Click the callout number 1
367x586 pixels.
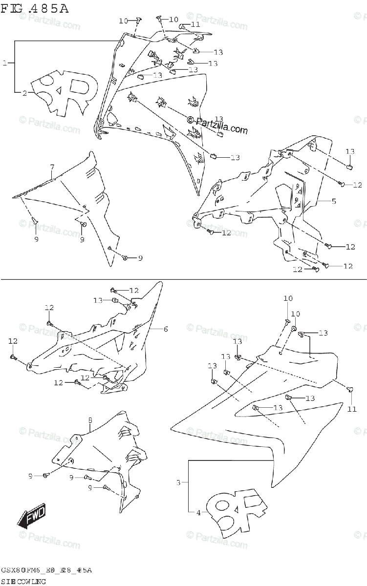pyautogui.click(x=4, y=63)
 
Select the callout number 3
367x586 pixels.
pyautogui.click(x=179, y=482)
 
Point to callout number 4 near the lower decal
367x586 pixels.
pyautogui.click(x=199, y=512)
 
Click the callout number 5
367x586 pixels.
pyautogui.click(x=334, y=201)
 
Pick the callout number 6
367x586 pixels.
pyautogui.click(x=165, y=329)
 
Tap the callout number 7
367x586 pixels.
pyautogui.click(x=52, y=167)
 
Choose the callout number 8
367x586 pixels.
pyautogui.click(x=90, y=419)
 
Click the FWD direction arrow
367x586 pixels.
pyautogui.click(x=32, y=516)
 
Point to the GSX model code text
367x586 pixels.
pyautogui.click(x=46, y=570)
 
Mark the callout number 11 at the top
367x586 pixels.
pyautogui.click(x=195, y=24)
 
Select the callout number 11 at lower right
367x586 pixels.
pyautogui.click(x=352, y=409)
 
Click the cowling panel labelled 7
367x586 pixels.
pyautogui.click(x=83, y=205)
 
